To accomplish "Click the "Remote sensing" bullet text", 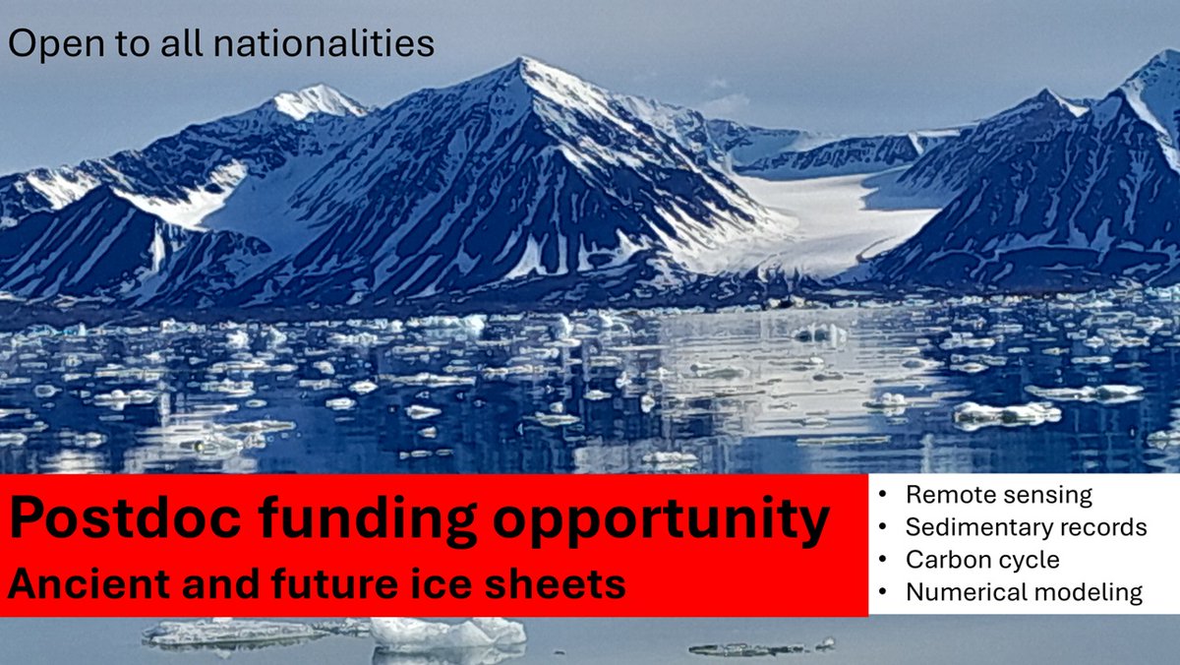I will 999,495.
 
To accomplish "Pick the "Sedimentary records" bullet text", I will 1027,527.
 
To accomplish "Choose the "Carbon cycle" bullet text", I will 982,560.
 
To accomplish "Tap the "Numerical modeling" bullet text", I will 1024,592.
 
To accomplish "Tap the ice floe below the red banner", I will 447,633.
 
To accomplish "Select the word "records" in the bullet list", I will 1105,527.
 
